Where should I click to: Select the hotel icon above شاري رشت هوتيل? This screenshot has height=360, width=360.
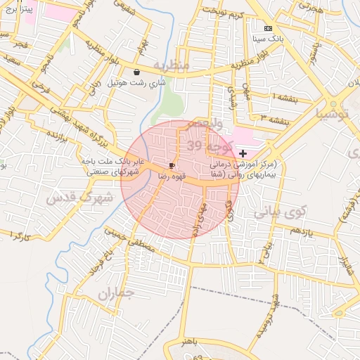136,72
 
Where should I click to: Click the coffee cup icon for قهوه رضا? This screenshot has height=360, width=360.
172,165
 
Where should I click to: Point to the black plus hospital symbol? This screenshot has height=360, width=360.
243,153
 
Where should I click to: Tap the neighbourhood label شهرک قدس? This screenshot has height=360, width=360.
79,198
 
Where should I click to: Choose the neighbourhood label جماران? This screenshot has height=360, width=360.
115,295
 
